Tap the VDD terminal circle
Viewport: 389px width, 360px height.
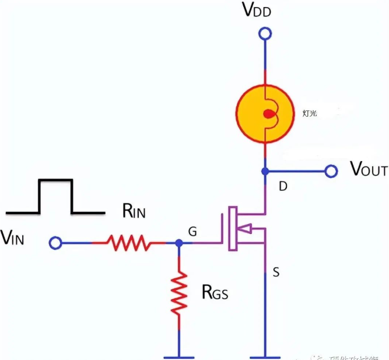[265, 34]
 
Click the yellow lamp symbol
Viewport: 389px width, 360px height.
[265, 114]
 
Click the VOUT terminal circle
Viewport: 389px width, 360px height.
[331, 172]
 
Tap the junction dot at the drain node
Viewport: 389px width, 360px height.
[265, 172]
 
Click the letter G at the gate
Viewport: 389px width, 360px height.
[192, 232]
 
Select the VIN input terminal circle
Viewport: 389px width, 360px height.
[55, 242]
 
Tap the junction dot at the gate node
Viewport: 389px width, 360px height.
[179, 242]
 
